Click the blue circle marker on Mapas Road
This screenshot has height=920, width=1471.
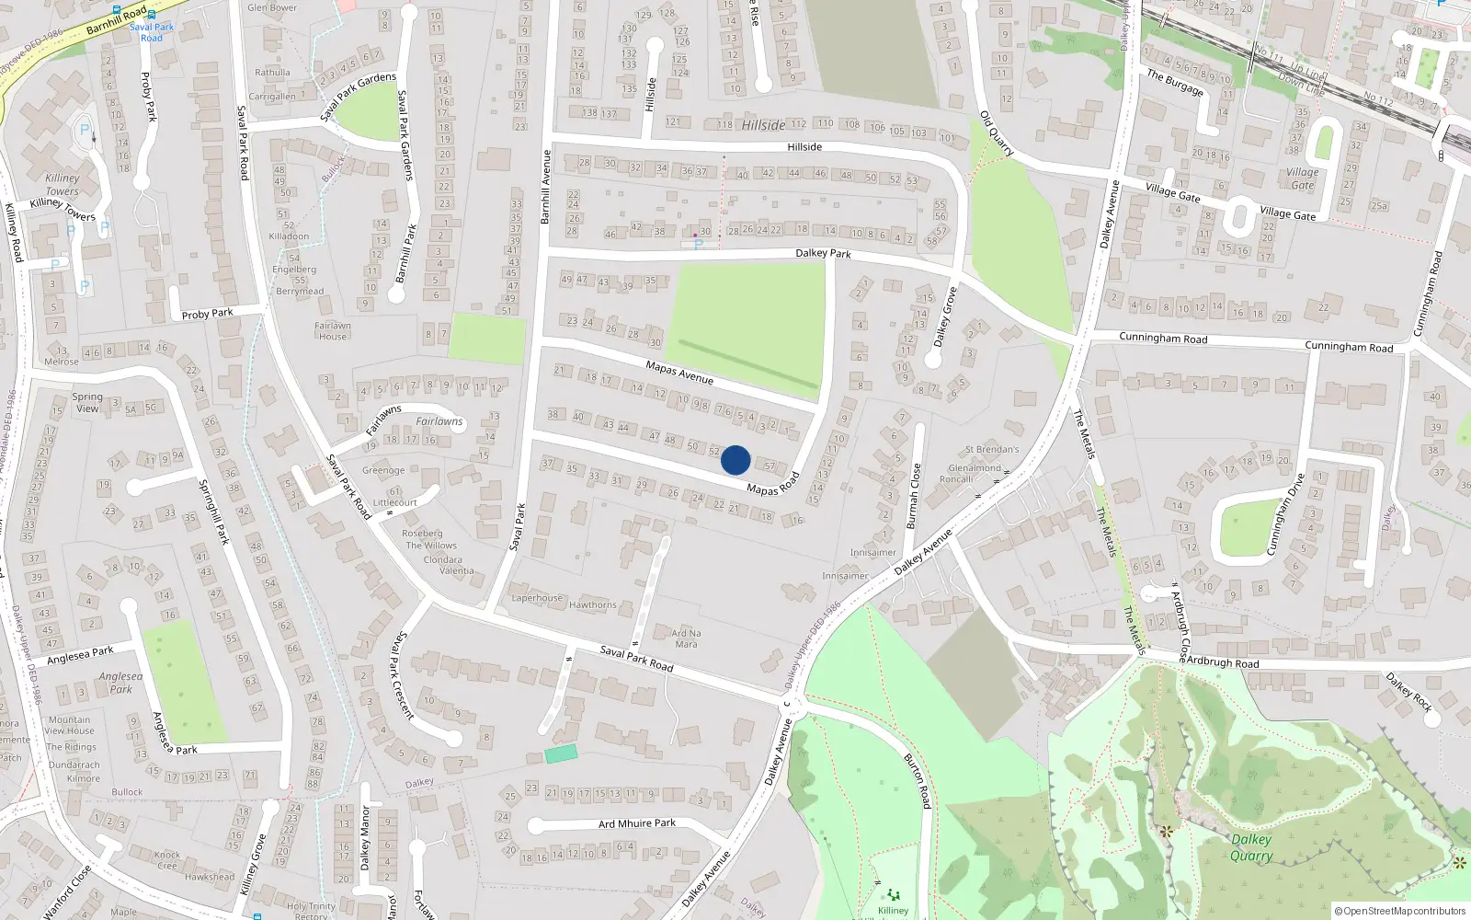pos(735,460)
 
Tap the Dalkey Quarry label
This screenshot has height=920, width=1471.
pos(1251,847)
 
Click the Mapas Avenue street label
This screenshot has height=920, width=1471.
pos(679,373)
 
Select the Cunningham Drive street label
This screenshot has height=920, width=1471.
pos(1286,514)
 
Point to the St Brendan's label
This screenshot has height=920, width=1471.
pos(992,450)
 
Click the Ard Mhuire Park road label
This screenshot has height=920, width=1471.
pos(637,823)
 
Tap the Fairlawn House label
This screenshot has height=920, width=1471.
pos(333,331)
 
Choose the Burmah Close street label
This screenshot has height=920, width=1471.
pos(913,496)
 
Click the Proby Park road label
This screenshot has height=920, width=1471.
pos(207,314)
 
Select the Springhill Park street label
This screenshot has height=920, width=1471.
pos(214,512)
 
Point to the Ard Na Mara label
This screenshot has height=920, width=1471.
pos(686,638)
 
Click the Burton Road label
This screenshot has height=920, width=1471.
pos(918,781)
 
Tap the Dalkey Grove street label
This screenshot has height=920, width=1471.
pos(945,317)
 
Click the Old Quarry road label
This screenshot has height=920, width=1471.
pos(997,133)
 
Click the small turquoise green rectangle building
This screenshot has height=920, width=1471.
pos(561,753)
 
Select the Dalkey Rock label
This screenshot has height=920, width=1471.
pos(1409,692)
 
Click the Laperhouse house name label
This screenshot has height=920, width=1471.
pos(537,598)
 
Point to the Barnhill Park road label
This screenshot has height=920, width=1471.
pos(405,253)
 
